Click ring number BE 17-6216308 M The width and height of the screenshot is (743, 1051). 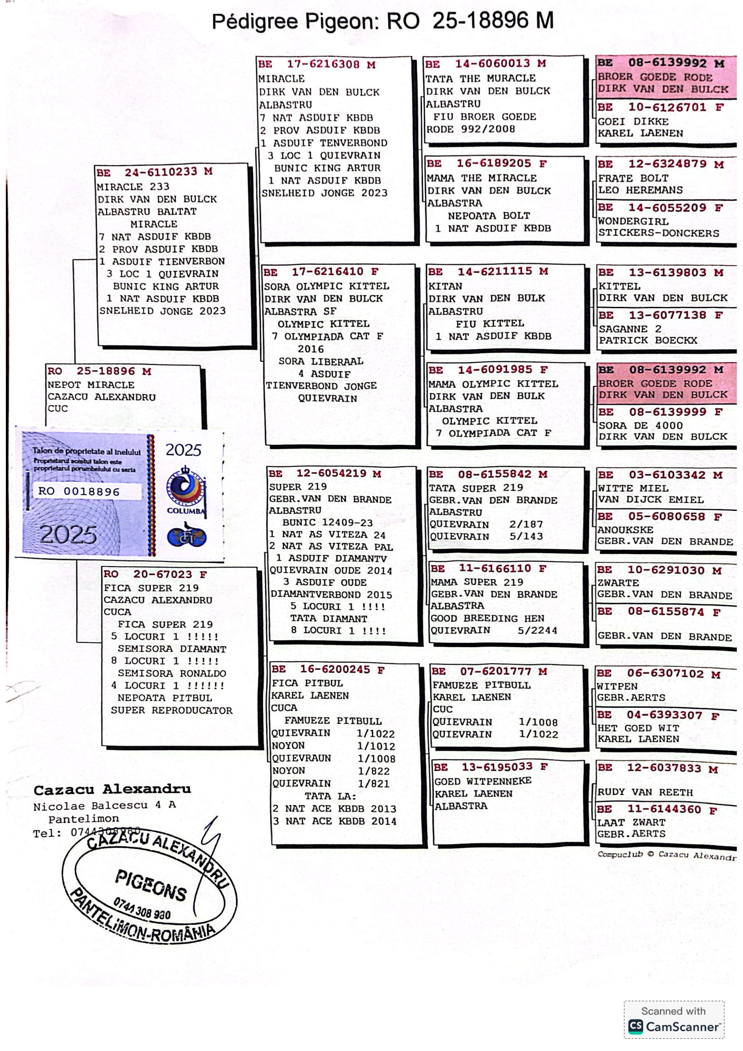point(317,64)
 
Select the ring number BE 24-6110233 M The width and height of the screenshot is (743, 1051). point(154,172)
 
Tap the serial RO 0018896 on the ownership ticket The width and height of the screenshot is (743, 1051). point(79,492)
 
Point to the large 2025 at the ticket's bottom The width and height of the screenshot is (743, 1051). point(68,534)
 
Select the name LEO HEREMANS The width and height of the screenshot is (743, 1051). point(641,190)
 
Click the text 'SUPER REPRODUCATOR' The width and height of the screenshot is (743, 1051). point(172,710)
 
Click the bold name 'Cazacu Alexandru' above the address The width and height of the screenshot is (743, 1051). point(112,790)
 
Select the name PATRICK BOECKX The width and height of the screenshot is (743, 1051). point(648,340)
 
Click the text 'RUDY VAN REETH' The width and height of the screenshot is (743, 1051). point(645,792)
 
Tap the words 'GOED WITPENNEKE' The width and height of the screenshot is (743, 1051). point(483,781)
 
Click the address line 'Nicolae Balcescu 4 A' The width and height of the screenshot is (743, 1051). point(104,805)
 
